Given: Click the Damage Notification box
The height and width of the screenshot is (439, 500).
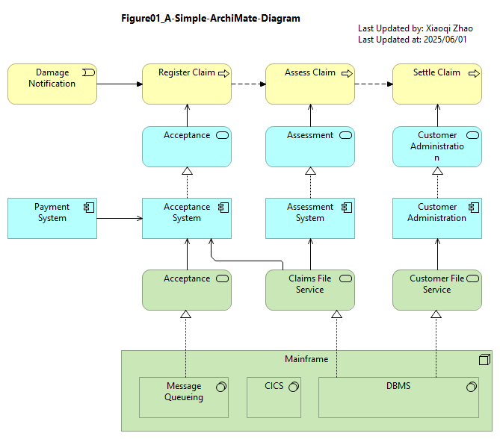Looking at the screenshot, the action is [52, 84].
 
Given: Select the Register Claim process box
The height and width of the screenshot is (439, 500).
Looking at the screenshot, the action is [187, 84].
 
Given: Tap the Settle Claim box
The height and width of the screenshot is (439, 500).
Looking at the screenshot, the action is [437, 84].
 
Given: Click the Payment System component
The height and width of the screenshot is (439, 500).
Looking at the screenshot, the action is [52, 218].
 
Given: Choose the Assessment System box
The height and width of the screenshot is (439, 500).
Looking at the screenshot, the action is [310, 218].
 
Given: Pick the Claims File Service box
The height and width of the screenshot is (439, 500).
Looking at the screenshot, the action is [310, 290].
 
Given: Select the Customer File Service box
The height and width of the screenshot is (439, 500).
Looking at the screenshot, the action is [437, 290].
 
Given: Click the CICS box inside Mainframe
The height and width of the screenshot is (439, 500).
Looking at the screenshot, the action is [274, 398].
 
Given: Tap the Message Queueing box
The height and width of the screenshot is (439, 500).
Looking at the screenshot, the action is [184, 398].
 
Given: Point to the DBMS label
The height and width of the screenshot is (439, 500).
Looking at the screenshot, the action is [398, 386].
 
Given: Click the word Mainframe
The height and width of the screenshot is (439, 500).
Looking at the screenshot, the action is [306, 359].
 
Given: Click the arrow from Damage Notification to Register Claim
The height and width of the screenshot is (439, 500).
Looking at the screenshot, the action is [120, 84].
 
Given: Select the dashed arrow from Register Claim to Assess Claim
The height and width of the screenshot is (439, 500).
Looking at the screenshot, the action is [248, 84].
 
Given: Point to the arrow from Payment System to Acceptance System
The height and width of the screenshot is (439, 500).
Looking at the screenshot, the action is [120, 218].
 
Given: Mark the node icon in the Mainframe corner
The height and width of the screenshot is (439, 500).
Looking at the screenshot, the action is [485, 360].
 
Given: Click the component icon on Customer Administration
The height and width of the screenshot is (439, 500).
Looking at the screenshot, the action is [474, 208].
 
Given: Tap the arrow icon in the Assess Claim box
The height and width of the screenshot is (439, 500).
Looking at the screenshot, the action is [347, 74].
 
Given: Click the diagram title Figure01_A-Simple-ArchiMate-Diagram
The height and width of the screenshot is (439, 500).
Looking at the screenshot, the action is [211, 18].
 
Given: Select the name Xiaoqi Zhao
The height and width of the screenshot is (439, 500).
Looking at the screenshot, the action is [449, 28].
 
